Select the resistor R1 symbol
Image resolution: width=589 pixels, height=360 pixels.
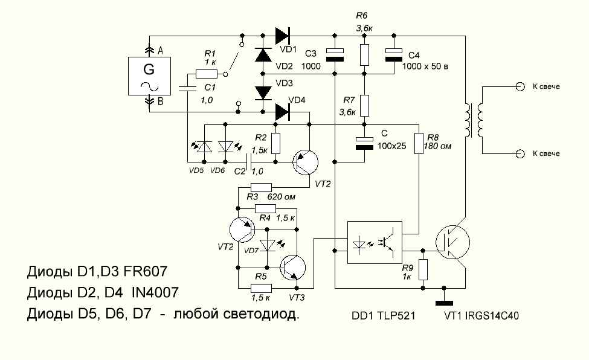(x=206, y=74)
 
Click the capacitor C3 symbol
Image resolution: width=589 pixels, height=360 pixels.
(x=334, y=54)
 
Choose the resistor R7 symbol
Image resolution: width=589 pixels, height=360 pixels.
(x=364, y=104)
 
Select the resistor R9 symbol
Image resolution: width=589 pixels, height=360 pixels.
(x=423, y=269)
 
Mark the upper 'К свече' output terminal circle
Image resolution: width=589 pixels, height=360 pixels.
(x=520, y=86)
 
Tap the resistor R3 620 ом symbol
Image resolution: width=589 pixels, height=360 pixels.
(x=261, y=187)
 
